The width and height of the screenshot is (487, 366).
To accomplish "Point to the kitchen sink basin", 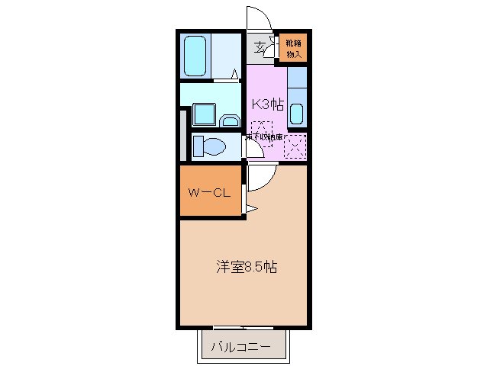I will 297,114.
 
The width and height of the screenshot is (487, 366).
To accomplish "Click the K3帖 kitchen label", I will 267,105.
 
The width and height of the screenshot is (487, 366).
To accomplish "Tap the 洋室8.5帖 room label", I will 246,268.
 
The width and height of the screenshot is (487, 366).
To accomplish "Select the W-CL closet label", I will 209,192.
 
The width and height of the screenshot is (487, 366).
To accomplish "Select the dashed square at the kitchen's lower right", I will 294,145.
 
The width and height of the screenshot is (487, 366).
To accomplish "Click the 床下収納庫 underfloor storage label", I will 264,137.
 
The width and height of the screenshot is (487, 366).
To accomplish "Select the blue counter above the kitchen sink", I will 297,78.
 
